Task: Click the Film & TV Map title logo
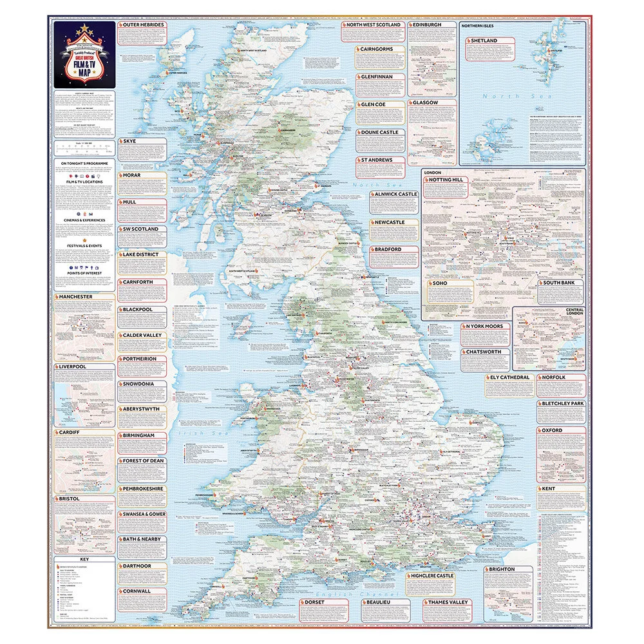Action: pos(84,57)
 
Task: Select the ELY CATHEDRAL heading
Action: pos(509,377)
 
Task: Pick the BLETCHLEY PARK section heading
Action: pos(563,404)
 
